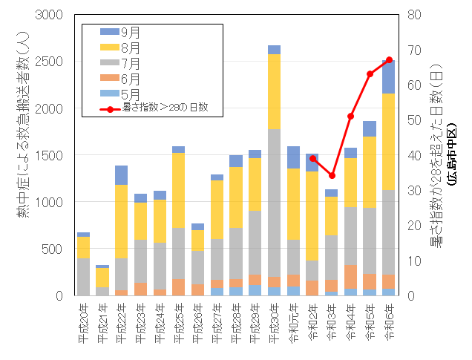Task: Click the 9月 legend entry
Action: pyautogui.click(x=130, y=33)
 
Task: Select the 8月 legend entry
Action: pyautogui.click(x=130, y=48)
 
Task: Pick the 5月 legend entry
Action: pyautogui.click(x=130, y=93)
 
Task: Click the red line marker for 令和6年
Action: pyautogui.click(x=389, y=60)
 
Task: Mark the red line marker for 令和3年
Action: pyautogui.click(x=332, y=176)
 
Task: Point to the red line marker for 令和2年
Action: pyautogui.click(x=312, y=158)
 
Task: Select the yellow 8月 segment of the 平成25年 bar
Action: pyautogui.click(x=179, y=190)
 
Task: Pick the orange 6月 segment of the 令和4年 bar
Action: pyautogui.click(x=351, y=277)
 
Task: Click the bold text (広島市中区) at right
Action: pyautogui.click(x=450, y=155)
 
